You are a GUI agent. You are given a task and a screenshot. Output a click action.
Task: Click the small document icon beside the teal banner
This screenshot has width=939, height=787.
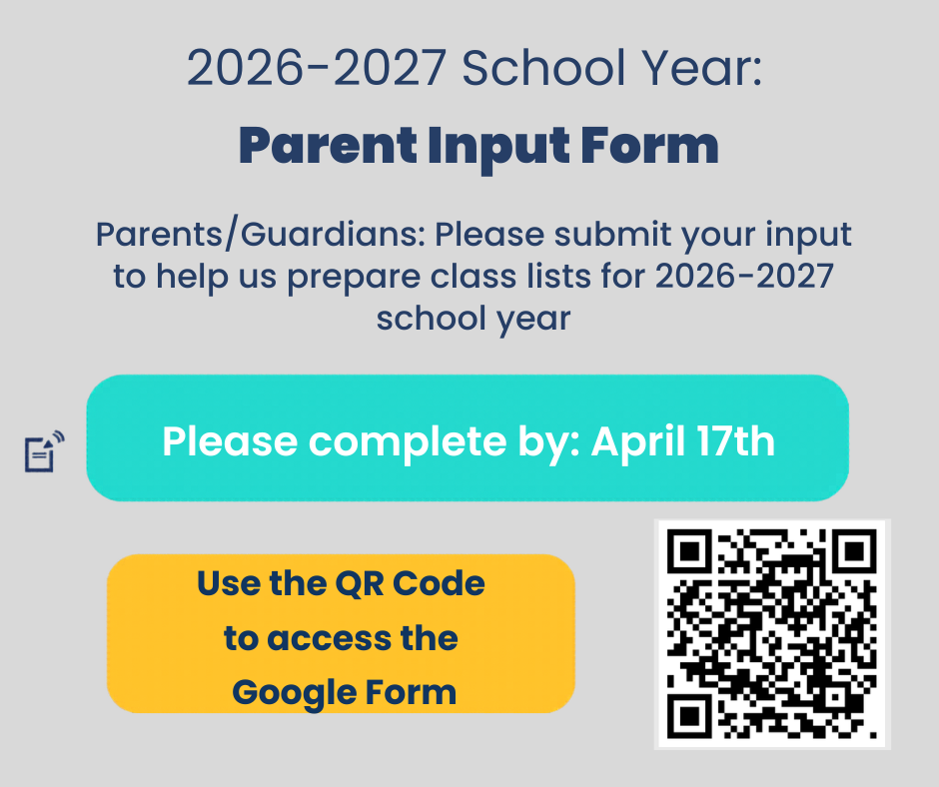pos(42,452)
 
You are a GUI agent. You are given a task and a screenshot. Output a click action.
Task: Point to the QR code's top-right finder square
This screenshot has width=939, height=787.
pos(855,548)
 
